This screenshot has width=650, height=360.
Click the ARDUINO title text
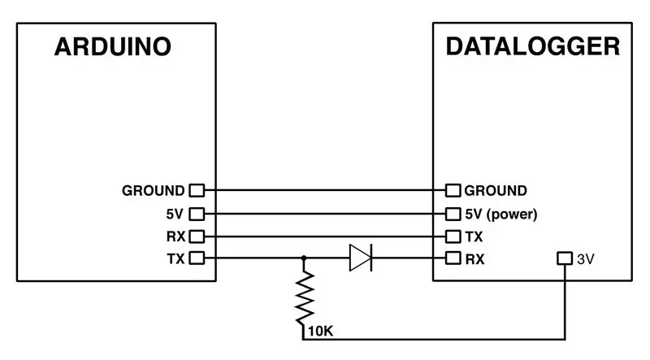[113, 46]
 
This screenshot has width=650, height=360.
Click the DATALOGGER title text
[533, 46]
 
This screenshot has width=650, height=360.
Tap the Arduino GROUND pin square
[197, 190]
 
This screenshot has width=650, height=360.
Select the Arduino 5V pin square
[197, 214]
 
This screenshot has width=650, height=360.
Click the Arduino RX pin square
[197, 236]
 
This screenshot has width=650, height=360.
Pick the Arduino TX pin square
[197, 258]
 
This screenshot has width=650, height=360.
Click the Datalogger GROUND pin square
[453, 190]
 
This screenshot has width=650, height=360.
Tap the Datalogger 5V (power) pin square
[453, 214]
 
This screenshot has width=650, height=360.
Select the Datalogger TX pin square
[453, 236]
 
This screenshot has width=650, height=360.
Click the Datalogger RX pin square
[453, 258]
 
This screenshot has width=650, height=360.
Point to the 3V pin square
[565, 258]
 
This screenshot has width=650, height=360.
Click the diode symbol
[361, 258]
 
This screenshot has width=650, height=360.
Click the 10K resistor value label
[321, 332]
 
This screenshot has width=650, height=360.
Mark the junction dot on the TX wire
[304, 258]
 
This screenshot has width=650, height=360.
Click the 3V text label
[586, 259]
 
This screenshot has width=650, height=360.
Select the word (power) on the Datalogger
[512, 215]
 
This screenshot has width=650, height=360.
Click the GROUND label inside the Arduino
[154, 191]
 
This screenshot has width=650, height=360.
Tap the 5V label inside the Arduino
[175, 214]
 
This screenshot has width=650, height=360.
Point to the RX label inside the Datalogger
[474, 259]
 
